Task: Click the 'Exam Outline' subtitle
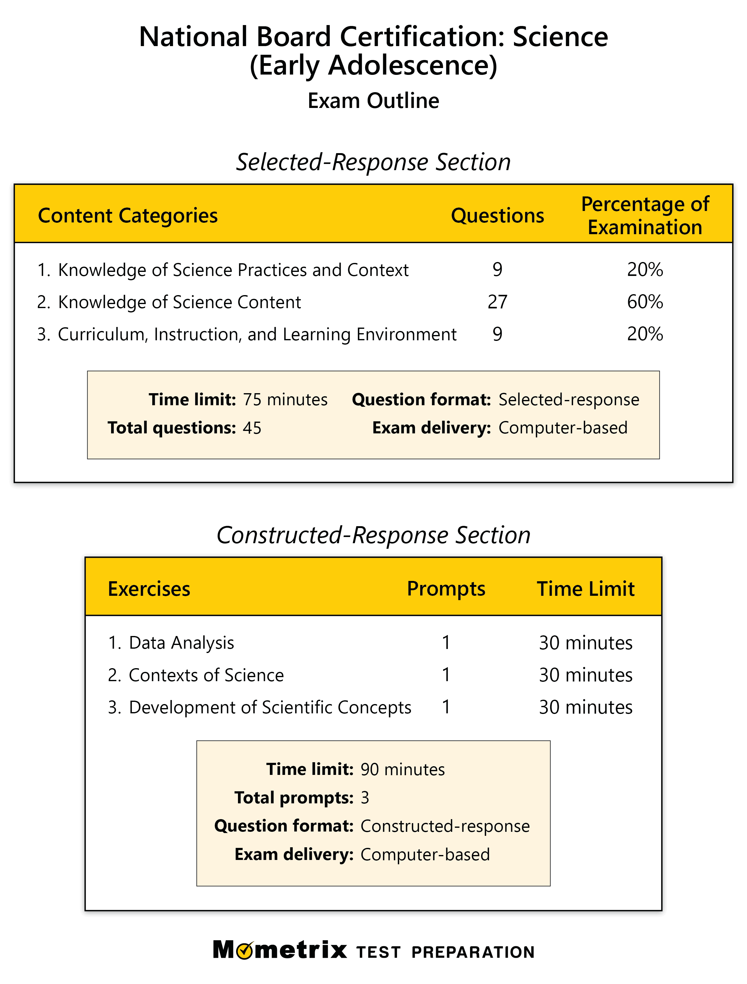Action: [373, 101]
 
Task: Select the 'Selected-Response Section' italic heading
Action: [373, 162]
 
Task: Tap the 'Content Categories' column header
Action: [128, 216]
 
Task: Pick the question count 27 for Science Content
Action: [497, 302]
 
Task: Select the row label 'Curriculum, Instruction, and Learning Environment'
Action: [257, 334]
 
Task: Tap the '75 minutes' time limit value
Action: [285, 399]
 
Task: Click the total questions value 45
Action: [252, 428]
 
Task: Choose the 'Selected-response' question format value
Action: [568, 399]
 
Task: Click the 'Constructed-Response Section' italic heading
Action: [373, 535]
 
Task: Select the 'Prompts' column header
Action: [446, 589]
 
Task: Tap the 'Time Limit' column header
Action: [585, 589]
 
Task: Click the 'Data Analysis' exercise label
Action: [181, 643]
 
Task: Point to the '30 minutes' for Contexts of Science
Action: [585, 675]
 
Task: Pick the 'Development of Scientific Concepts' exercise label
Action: [270, 708]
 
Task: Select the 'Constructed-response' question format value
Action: [445, 826]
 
